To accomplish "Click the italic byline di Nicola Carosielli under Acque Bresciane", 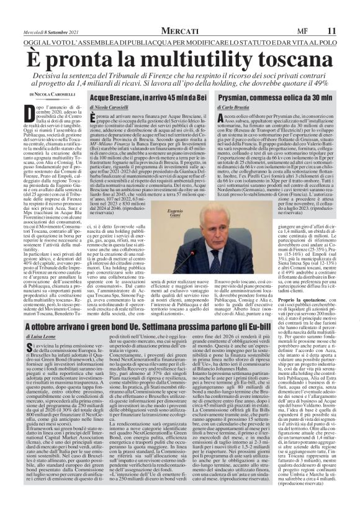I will pyautogui.click(x=112, y=108).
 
